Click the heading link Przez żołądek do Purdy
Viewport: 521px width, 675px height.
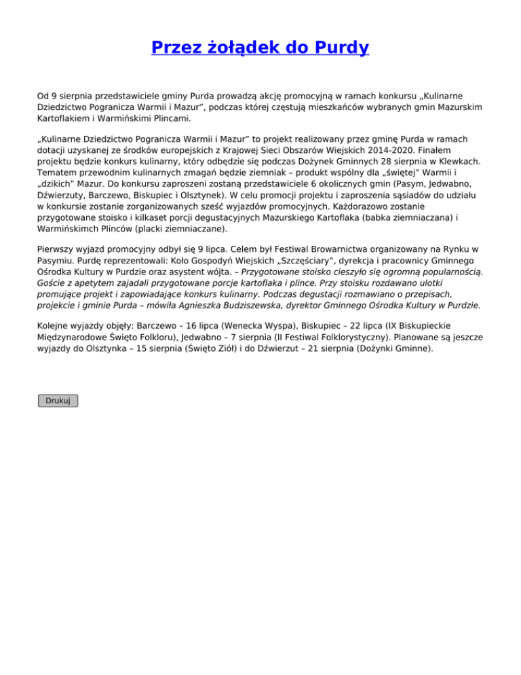260,48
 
